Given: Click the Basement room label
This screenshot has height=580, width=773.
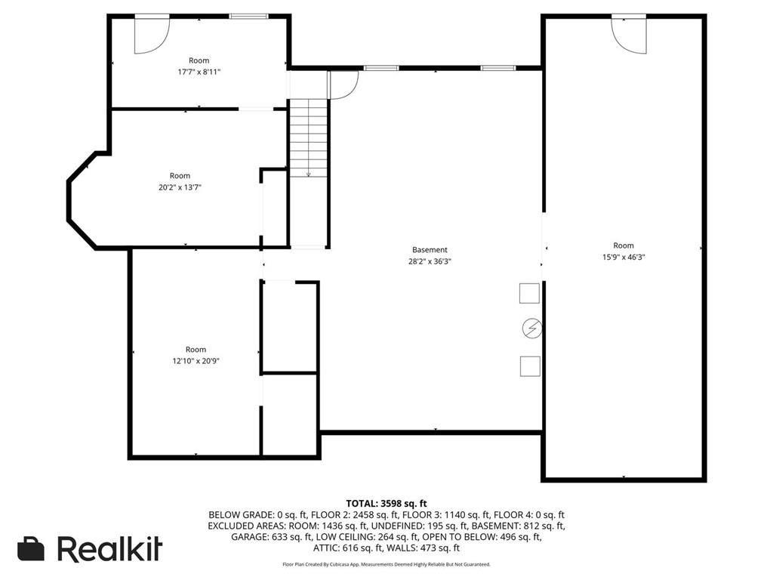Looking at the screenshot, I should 430,250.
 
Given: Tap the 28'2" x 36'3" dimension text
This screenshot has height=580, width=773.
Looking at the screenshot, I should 430,262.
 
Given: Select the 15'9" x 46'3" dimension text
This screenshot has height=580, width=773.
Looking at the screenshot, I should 624,258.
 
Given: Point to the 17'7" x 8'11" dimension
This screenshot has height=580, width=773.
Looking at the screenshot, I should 199,72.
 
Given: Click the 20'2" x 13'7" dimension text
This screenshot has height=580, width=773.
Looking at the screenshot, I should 180,187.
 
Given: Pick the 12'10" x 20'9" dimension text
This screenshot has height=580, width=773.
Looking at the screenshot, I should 196,361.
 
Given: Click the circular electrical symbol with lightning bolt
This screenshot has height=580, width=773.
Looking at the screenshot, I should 531,329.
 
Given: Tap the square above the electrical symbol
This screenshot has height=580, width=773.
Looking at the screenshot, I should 530,293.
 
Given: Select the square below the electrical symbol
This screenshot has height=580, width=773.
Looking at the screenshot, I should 530,366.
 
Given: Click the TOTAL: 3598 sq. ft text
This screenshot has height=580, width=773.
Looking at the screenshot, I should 386,504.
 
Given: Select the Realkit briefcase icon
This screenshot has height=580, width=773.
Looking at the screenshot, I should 31,549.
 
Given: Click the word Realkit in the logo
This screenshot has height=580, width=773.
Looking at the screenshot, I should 110,549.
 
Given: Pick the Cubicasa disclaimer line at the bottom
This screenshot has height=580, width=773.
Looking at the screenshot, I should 386,564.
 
